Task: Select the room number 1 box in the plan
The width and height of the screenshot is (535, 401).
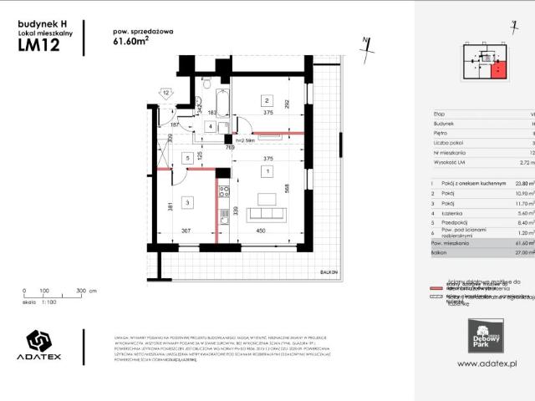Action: (x=267, y=171)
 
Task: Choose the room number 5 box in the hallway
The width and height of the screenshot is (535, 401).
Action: (x=189, y=157)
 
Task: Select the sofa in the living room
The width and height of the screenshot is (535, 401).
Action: (x=267, y=200)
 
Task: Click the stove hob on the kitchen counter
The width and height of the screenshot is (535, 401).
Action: (x=224, y=194)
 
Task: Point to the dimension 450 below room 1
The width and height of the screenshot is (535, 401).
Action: (x=260, y=232)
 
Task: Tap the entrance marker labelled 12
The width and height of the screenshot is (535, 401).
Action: (x=166, y=93)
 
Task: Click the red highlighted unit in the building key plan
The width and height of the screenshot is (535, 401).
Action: (x=498, y=71)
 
